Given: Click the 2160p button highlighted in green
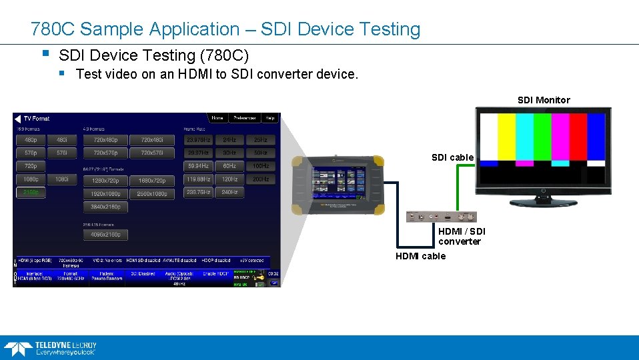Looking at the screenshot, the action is [31, 193].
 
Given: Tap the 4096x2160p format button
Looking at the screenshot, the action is [105, 235].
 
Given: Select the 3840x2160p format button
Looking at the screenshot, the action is [105, 207].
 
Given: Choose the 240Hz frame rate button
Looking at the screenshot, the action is [229, 193].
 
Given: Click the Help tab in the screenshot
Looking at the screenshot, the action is [269, 118].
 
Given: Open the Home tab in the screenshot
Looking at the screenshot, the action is [217, 118].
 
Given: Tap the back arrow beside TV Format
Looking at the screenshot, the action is [18, 119].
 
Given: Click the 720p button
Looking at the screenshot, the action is [31, 166].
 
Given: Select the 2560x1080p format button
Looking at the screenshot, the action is [152, 193].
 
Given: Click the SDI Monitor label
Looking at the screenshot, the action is [544, 100].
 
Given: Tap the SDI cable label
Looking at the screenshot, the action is [452, 157].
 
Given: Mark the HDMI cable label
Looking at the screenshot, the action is [420, 256].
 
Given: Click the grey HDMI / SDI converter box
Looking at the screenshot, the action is [441, 217].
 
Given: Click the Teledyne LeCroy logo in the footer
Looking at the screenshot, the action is [50, 347].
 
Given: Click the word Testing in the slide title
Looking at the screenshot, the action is [389, 29].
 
